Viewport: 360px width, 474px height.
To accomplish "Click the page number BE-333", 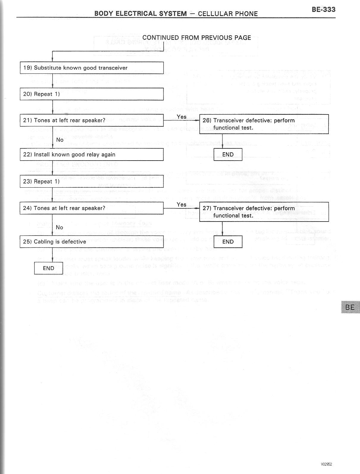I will [323, 10].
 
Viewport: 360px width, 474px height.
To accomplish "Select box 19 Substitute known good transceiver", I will [92, 68].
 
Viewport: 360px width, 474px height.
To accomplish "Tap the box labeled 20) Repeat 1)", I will [92, 94].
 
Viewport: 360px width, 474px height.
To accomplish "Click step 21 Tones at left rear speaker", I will [92, 120].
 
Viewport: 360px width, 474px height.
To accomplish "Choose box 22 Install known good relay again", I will [92, 155].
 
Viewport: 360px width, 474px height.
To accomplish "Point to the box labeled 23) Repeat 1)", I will [92, 181].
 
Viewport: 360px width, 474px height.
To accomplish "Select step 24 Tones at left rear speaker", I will [92, 208].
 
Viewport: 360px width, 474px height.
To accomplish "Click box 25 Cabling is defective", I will [92, 242].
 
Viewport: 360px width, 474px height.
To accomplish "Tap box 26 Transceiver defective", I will [264, 124].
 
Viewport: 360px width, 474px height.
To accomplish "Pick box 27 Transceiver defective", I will [264, 212].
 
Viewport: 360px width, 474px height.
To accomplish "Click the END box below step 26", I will [228, 155].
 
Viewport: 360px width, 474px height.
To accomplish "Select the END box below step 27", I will [228, 242].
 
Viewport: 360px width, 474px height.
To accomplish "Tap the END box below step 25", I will [48, 268].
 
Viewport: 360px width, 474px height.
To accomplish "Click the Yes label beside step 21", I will [181, 117].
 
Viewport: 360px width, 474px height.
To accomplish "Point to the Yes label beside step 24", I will [181, 205].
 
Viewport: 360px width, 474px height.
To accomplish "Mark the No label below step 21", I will [60, 140].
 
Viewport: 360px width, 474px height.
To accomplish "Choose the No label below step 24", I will [60, 227].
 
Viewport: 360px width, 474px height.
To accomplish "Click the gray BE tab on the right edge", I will [350, 307].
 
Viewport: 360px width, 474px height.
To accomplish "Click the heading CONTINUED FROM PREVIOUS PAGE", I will [197, 38].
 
